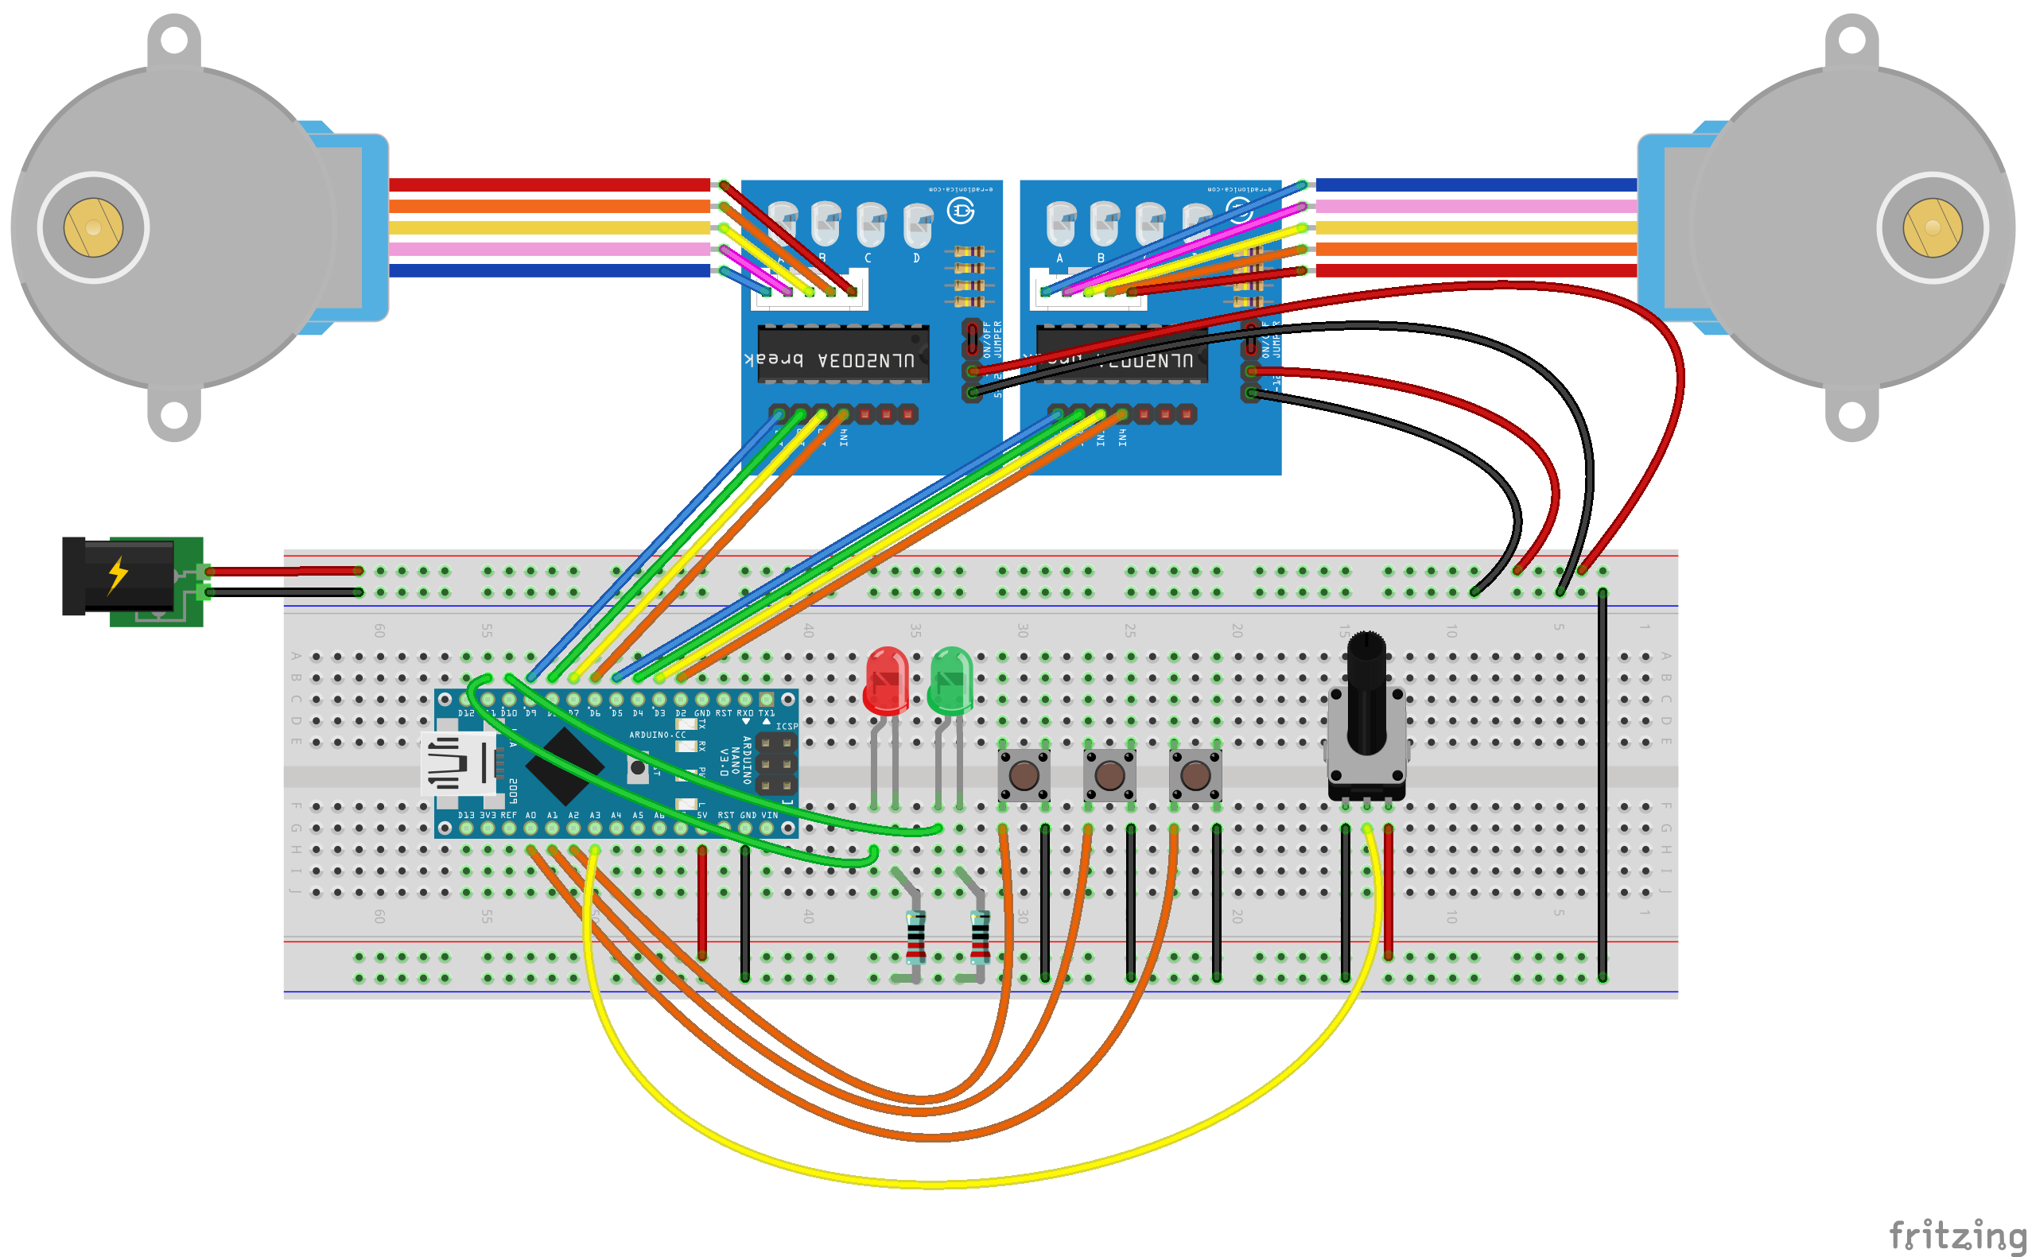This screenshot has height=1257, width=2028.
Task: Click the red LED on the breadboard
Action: (887, 680)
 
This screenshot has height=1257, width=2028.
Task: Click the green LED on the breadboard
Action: (950, 680)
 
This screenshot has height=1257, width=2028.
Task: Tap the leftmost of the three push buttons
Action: (1024, 775)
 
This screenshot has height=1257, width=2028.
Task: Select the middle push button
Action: (1109, 775)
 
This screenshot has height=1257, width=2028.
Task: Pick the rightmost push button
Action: (1195, 775)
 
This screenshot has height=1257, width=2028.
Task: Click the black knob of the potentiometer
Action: (1366, 690)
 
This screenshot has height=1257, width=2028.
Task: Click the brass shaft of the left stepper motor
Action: (93, 227)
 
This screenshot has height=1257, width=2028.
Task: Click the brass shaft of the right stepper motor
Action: (1933, 227)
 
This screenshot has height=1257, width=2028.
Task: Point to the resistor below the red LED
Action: (915, 936)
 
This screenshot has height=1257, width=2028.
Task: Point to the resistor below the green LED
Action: (981, 936)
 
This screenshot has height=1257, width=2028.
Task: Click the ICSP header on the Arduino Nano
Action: (775, 762)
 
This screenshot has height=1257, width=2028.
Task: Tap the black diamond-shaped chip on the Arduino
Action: (565, 766)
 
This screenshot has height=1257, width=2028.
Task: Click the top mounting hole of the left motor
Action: (174, 39)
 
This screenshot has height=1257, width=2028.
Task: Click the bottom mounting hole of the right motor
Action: (1851, 414)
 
